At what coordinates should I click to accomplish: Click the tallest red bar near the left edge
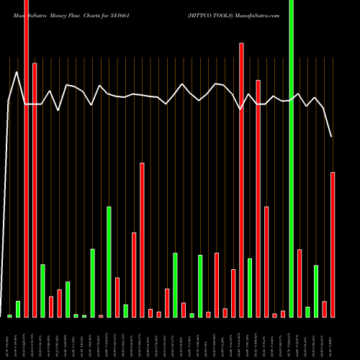click(x=27, y=158)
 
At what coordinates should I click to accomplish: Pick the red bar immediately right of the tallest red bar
click(x=35, y=190)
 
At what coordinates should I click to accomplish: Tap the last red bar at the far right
click(x=333, y=245)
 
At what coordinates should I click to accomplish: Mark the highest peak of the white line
click(x=17, y=71)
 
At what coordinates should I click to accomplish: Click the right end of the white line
click(x=331, y=136)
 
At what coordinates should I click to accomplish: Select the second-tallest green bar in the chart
click(x=109, y=262)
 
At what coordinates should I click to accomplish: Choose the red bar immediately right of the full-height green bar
click(x=300, y=283)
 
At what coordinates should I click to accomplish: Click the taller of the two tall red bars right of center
click(x=241, y=180)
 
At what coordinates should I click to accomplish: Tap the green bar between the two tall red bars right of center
click(x=250, y=287)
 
